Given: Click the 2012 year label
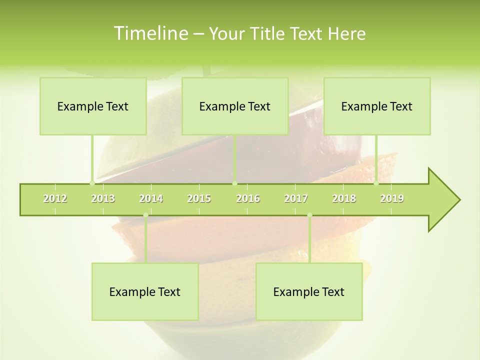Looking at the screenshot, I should coord(55,199).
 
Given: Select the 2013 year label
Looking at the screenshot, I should coord(103,199).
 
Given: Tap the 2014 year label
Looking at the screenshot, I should coord(151,199).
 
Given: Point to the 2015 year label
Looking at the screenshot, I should coord(199,199).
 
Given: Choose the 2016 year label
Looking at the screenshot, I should coord(248,199).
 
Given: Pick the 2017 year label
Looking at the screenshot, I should coord(296,199).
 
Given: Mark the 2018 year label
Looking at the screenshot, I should coord(344,199).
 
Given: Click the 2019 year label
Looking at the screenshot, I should coord(392,199).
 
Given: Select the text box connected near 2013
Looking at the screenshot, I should coord(93,106).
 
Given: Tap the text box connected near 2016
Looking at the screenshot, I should coord(235,106).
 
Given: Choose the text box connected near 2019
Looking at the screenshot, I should coord(377,106).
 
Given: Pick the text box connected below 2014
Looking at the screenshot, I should coord(145,291).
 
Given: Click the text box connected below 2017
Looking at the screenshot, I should coord(309,291).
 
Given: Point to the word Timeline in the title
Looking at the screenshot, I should coord(150,33).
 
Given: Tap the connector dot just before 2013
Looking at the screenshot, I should coord(92,183).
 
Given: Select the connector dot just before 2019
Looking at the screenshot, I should coord(376,183).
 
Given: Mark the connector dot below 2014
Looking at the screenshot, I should coord(145,215).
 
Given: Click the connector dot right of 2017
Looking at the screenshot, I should coord(309,215).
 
